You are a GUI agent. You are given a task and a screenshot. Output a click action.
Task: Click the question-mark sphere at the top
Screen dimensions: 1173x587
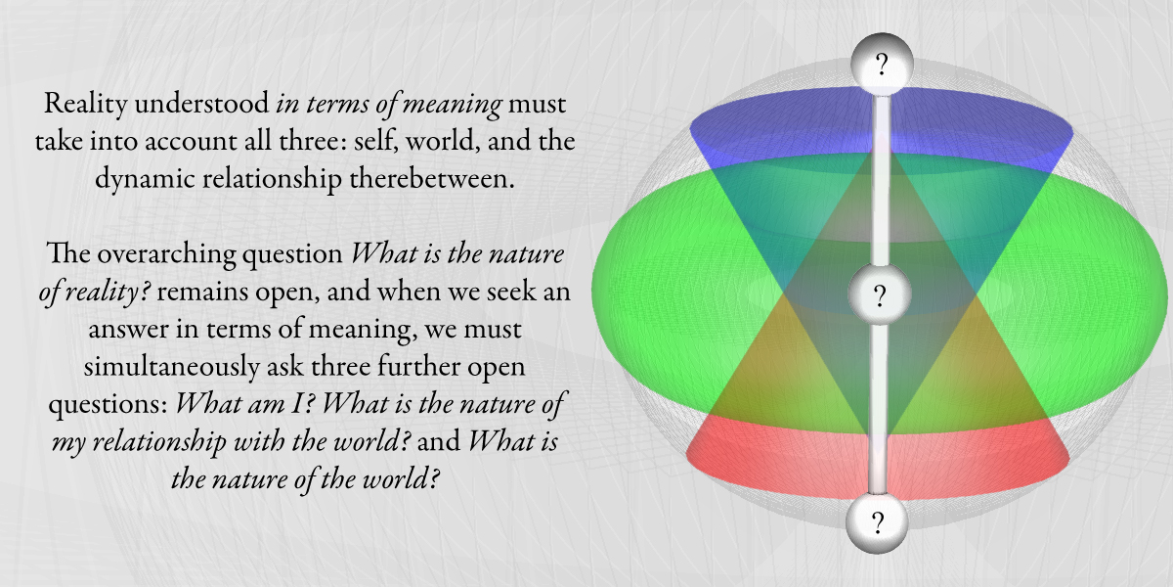(x=883, y=65)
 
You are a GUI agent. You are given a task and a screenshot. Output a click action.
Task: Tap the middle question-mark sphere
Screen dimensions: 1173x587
(x=880, y=294)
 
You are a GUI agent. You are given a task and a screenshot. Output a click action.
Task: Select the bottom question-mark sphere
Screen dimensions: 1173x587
(x=877, y=522)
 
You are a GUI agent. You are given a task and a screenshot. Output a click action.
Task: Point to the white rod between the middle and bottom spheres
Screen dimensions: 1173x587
(x=878, y=409)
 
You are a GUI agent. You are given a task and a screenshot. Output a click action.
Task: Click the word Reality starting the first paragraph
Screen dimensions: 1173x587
(x=85, y=104)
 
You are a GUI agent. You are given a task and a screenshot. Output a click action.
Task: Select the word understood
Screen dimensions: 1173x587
(x=201, y=104)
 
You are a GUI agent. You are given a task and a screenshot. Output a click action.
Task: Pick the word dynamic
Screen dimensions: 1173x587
(x=145, y=179)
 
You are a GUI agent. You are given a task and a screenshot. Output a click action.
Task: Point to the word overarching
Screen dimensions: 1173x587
(x=166, y=254)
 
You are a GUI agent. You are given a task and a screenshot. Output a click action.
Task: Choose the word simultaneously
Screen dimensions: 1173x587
(x=171, y=366)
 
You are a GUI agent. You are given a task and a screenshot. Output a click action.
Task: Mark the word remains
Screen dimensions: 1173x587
(x=206, y=292)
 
